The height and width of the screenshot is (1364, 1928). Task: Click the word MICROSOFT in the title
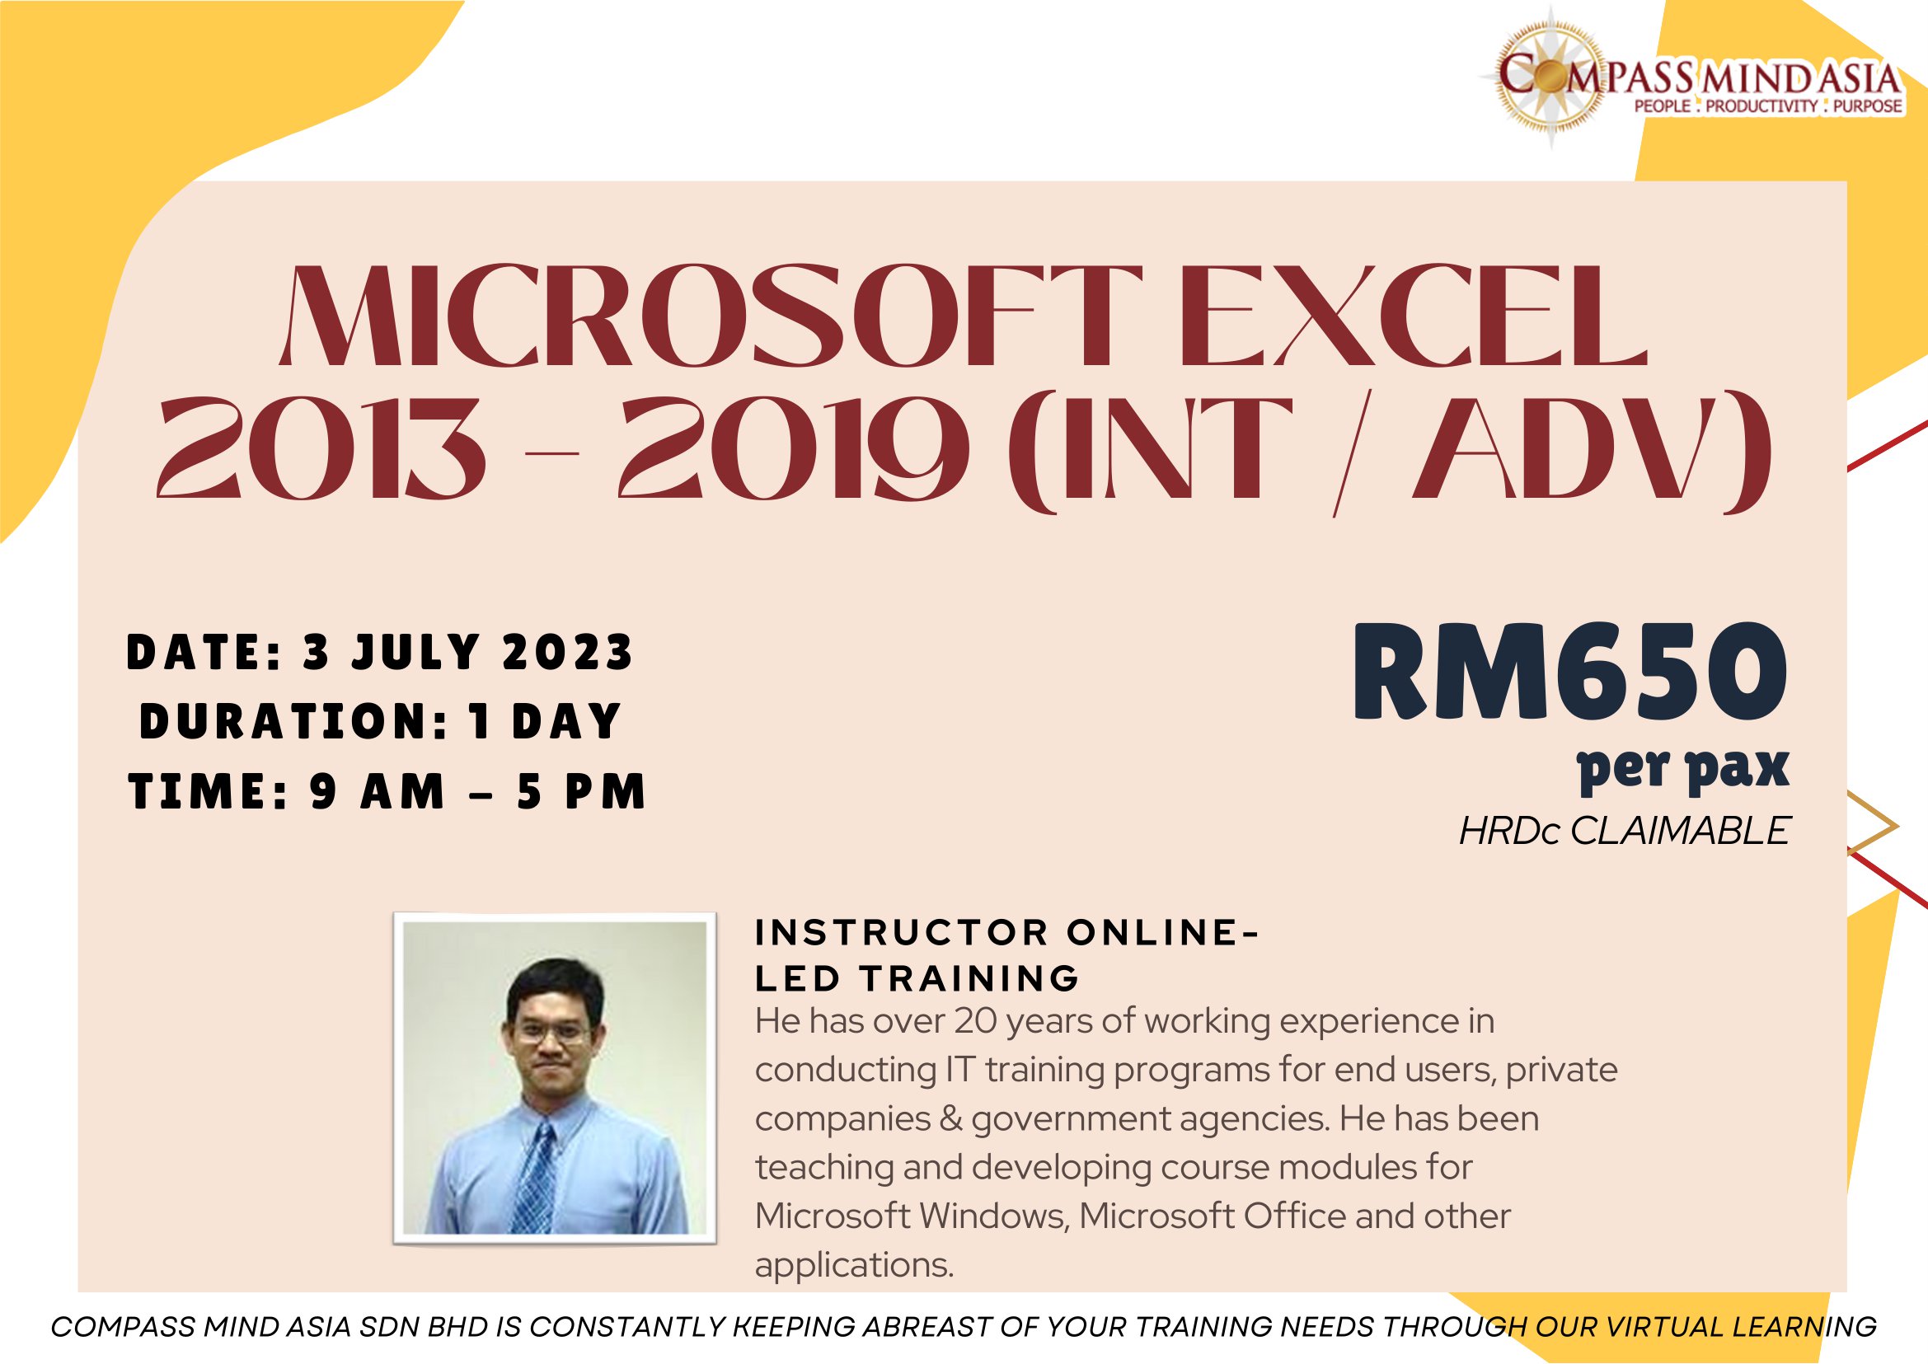pos(711,316)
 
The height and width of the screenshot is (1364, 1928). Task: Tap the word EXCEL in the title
pos(1414,316)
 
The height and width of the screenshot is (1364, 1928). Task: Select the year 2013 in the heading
pos(321,448)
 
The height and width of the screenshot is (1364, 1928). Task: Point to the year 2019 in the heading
pos(794,448)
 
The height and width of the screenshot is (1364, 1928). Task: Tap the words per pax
pos(1683,768)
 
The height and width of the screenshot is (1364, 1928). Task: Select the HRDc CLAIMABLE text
pos(1625,832)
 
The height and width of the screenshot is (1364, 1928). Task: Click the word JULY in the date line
pos(415,653)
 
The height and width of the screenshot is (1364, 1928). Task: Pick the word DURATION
pos(295,721)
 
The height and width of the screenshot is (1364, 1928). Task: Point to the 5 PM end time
pos(581,792)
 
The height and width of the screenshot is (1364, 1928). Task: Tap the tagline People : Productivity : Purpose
pos(1767,106)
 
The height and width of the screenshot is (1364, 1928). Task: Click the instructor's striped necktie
pos(535,1179)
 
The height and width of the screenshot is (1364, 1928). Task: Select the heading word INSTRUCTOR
pos(902,932)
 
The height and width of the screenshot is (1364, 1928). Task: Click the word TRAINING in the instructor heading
pos(969,978)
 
